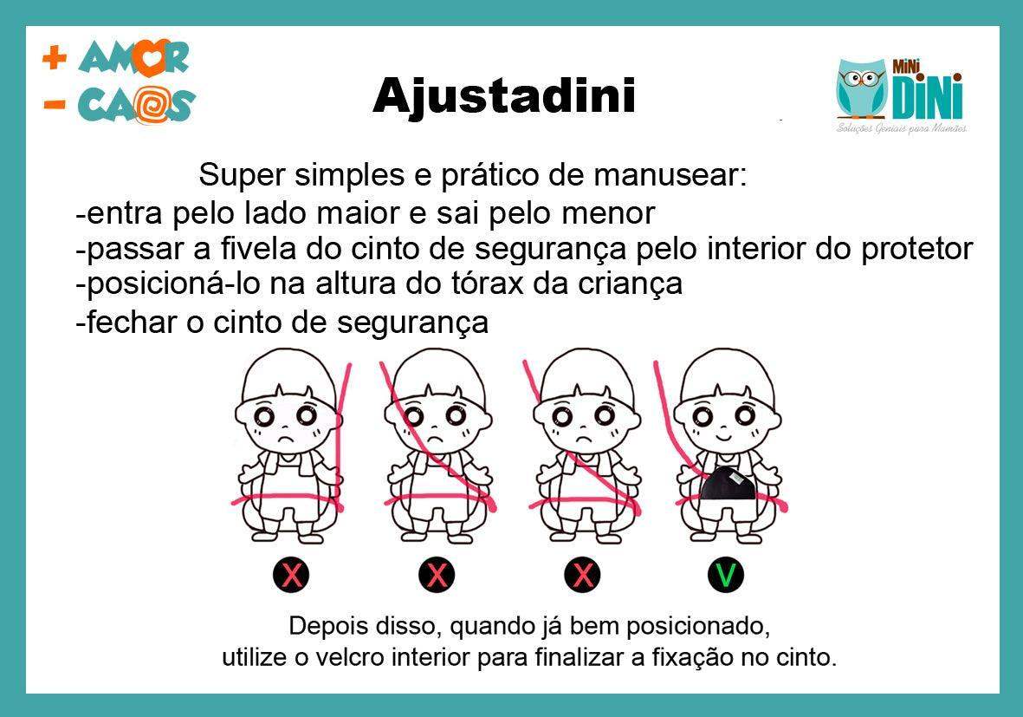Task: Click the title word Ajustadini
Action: pyautogui.click(x=503, y=95)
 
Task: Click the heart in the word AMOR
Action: pyautogui.click(x=149, y=59)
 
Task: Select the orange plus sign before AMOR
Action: pyautogui.click(x=55, y=58)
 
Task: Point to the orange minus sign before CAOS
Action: pyautogui.click(x=55, y=105)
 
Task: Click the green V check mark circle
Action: pyautogui.click(x=726, y=574)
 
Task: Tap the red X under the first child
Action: pyautogui.click(x=293, y=574)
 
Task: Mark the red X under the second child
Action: pyautogui.click(x=437, y=574)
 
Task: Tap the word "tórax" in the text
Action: pyautogui.click(x=493, y=284)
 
